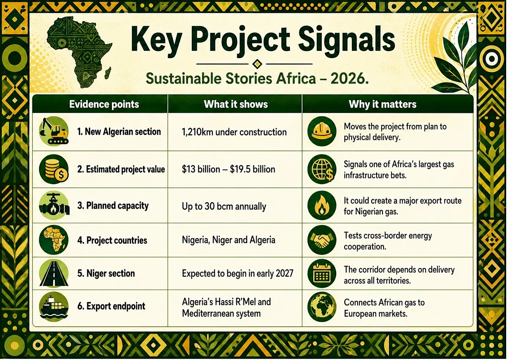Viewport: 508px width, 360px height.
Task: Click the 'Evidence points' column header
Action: click(x=104, y=104)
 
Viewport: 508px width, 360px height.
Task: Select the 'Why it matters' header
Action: click(x=382, y=104)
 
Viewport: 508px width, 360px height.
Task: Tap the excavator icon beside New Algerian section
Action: click(x=54, y=132)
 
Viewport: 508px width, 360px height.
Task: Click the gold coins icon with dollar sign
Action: click(x=54, y=169)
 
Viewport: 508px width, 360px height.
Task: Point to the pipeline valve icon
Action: click(x=54, y=205)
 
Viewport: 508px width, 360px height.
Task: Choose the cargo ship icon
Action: click(x=54, y=307)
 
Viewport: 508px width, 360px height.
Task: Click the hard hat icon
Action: click(x=322, y=132)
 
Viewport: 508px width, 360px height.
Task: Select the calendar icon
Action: click(x=322, y=274)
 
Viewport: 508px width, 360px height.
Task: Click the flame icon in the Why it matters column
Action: click(x=322, y=205)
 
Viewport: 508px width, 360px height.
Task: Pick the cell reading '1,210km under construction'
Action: click(x=234, y=132)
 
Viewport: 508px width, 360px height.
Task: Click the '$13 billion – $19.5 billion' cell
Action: click(x=228, y=169)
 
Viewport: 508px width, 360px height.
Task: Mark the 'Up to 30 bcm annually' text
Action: click(x=224, y=206)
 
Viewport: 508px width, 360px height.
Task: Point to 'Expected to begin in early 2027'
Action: click(x=238, y=274)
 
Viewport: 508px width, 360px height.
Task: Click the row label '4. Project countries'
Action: click(x=112, y=240)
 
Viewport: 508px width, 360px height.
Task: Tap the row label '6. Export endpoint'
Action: click(x=111, y=306)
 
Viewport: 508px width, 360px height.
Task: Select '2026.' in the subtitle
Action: click(x=349, y=79)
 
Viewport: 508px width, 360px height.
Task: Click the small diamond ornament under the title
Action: click(x=257, y=64)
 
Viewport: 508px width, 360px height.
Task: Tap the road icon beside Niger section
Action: click(x=54, y=274)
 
